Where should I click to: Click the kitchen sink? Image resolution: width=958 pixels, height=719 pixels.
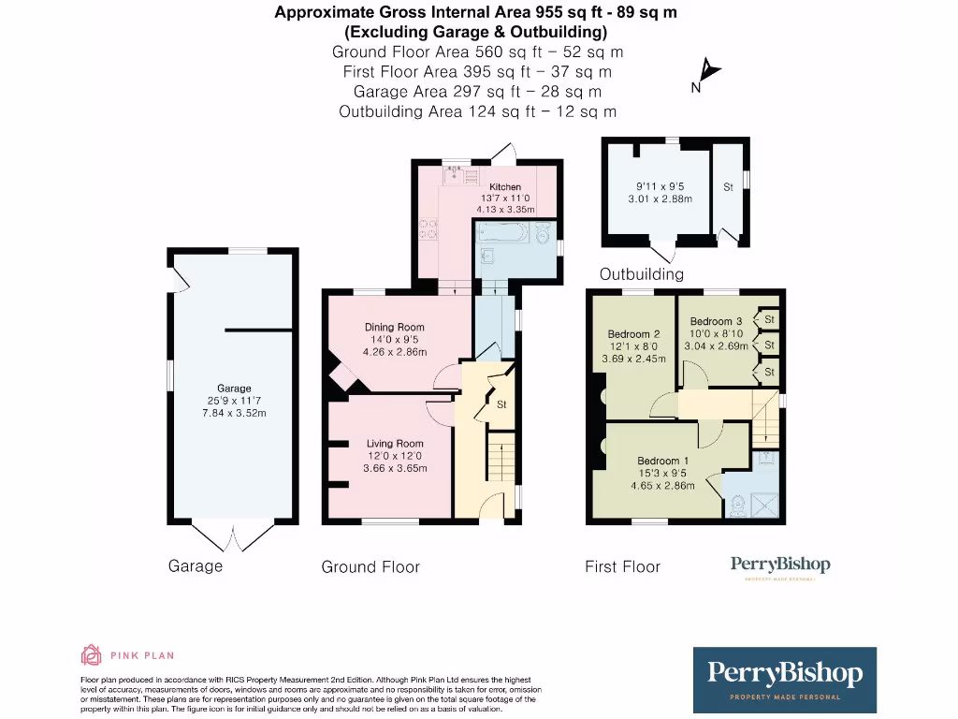[x=457, y=172]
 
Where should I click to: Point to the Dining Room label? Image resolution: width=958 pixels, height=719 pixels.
[x=394, y=328]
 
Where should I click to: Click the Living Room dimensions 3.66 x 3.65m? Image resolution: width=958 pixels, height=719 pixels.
[x=394, y=468]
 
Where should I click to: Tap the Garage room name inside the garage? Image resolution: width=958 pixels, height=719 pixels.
[x=234, y=389]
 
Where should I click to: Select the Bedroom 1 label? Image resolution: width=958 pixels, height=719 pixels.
[x=662, y=461]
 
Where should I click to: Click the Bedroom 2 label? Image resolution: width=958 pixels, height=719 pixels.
[x=633, y=334]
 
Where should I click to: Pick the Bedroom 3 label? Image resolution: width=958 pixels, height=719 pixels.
[x=716, y=322]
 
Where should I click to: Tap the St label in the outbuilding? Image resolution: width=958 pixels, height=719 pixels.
[x=728, y=187]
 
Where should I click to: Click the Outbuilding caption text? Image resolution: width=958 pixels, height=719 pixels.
[x=641, y=274]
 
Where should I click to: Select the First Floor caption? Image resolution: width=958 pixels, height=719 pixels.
[x=622, y=566]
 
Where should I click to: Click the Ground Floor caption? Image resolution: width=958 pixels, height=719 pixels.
[x=370, y=566]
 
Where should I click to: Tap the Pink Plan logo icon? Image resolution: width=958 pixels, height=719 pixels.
[x=92, y=654]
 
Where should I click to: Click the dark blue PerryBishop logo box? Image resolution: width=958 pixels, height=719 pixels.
[x=784, y=680]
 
